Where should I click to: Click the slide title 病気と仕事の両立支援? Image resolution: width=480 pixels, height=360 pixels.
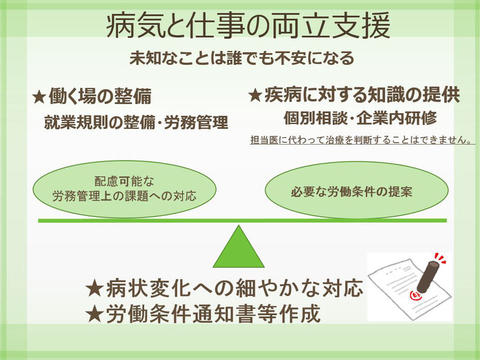click(x=248, y=26)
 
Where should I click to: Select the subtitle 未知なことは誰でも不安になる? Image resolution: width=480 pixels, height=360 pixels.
click(x=242, y=58)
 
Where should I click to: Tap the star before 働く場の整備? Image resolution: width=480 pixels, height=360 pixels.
click(x=39, y=97)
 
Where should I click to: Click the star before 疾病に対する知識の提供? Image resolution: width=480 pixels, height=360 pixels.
click(x=254, y=95)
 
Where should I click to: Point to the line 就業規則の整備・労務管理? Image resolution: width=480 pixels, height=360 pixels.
click(x=137, y=123)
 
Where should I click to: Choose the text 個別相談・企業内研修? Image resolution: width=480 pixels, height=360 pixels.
click(x=360, y=118)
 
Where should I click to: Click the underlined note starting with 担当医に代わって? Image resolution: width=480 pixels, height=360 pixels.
click(x=361, y=140)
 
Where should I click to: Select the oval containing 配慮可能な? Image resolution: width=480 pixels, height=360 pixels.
click(x=124, y=189)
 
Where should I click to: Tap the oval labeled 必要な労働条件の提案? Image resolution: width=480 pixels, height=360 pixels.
click(x=357, y=190)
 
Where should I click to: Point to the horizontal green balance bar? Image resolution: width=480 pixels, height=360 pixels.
click(x=242, y=221)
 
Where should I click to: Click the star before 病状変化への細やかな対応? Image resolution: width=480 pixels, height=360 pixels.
click(x=94, y=289)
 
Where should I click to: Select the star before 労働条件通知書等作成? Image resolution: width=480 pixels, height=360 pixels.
click(x=94, y=314)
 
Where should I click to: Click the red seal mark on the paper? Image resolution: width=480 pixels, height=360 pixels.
click(x=415, y=294)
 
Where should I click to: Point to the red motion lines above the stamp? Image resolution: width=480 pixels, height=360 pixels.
click(x=439, y=258)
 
